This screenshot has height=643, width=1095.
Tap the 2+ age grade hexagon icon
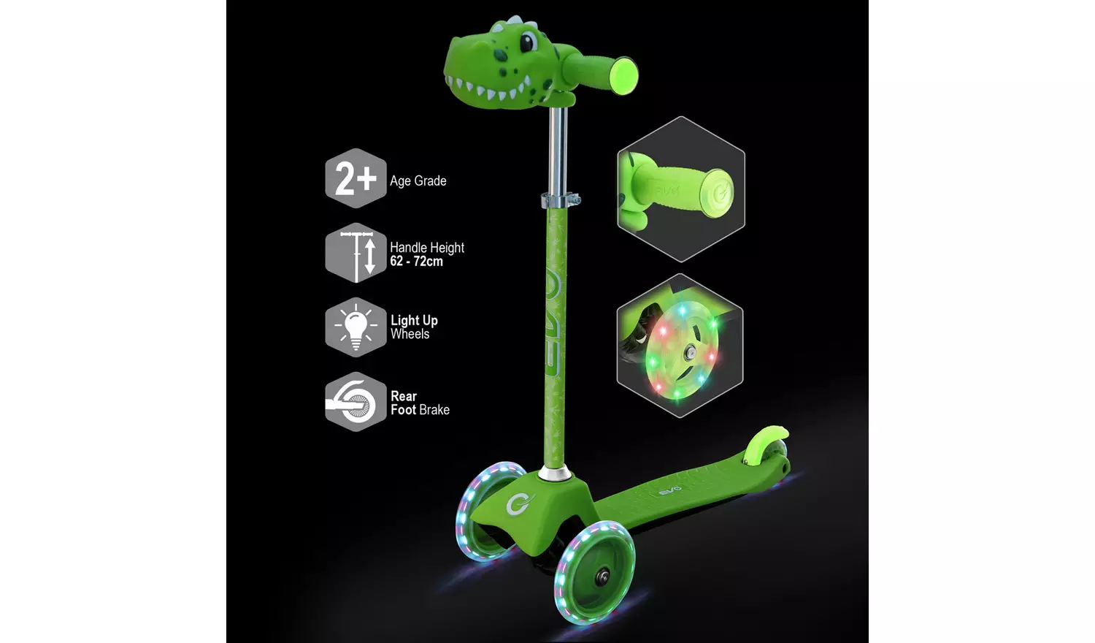(x=356, y=179)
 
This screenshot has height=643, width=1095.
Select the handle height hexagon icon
(x=356, y=253)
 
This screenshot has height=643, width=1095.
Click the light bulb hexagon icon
(x=356, y=327)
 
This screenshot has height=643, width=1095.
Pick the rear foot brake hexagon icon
(x=356, y=402)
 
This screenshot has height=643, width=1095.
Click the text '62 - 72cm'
(x=416, y=262)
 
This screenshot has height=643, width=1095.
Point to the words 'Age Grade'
(x=418, y=181)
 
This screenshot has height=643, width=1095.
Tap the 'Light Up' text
(x=414, y=320)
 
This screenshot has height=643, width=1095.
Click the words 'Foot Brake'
(x=420, y=410)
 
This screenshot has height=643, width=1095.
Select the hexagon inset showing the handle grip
(x=680, y=189)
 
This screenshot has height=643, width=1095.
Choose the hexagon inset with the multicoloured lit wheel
(x=680, y=346)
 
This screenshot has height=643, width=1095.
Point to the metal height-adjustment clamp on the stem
(x=560, y=199)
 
